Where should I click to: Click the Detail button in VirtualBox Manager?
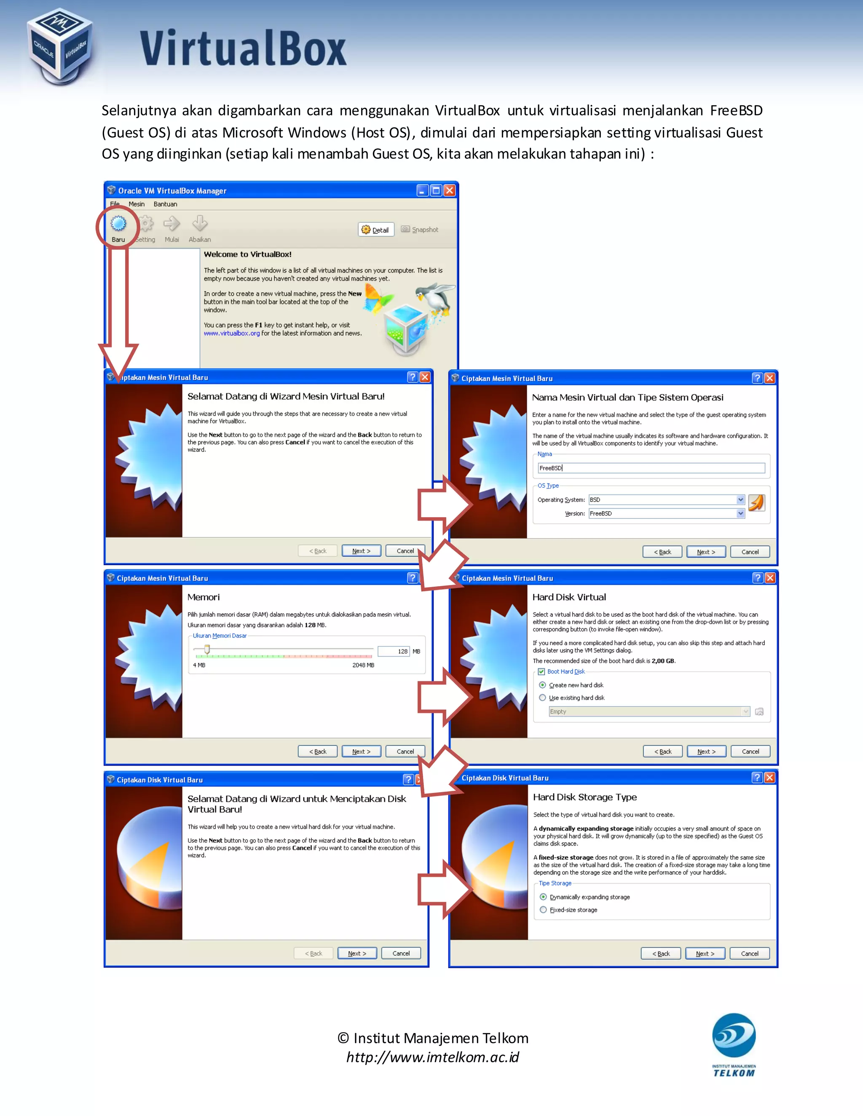(376, 230)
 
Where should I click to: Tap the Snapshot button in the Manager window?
(420, 230)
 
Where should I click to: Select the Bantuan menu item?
(165, 204)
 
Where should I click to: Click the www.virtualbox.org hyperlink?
(232, 334)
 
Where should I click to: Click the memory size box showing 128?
(393, 651)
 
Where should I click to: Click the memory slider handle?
(207, 649)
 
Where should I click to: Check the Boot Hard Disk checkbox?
(541, 672)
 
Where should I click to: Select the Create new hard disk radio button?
(542, 685)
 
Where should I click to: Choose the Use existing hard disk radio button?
(542, 698)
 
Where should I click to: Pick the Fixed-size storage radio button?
(544, 910)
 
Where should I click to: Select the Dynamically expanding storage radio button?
(544, 897)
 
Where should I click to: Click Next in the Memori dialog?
(361, 752)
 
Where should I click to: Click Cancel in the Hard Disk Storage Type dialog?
(750, 954)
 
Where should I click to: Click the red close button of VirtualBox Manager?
(449, 191)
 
